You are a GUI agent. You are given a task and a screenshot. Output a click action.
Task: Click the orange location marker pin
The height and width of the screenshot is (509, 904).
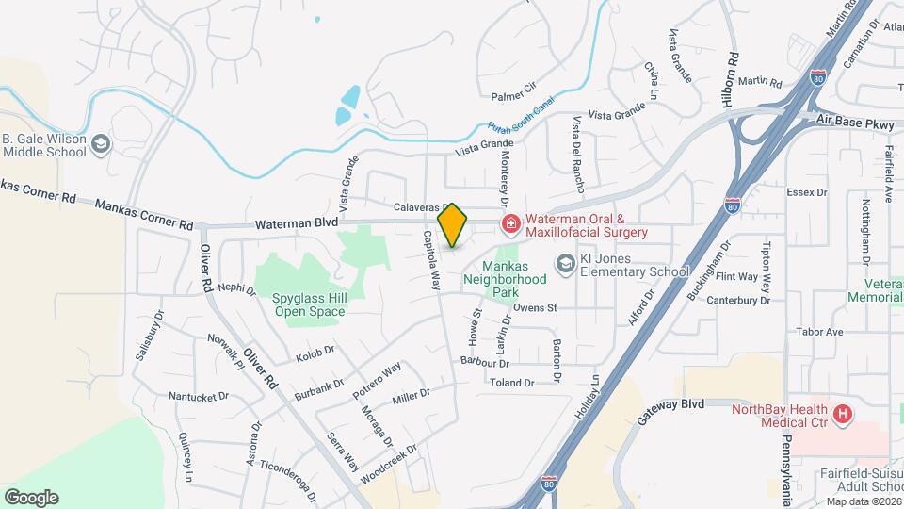pyautogui.click(x=453, y=225)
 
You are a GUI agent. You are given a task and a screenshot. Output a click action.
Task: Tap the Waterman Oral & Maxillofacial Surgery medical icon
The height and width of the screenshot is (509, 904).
pyautogui.click(x=510, y=223)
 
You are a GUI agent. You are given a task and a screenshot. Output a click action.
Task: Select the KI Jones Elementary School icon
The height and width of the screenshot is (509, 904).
pyautogui.click(x=566, y=264)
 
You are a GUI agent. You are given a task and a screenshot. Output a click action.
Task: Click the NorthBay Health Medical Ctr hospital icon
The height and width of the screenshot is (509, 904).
pyautogui.click(x=843, y=413)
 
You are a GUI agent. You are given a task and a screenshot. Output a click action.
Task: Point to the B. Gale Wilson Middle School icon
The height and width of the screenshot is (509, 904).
pyautogui.click(x=102, y=144)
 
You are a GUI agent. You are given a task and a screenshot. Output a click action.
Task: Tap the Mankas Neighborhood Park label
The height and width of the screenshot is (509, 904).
pyautogui.click(x=514, y=280)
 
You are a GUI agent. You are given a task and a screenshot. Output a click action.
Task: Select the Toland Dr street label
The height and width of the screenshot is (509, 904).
pyautogui.click(x=512, y=383)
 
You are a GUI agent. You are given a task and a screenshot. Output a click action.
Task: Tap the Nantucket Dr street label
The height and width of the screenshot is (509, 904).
pyautogui.click(x=198, y=396)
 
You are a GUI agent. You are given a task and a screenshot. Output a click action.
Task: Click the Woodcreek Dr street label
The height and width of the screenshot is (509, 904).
pyautogui.click(x=387, y=461)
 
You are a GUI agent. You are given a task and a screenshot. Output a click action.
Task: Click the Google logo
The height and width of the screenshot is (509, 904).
pyautogui.click(x=31, y=497)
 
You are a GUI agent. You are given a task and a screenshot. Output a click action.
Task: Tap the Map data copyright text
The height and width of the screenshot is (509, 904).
pyautogui.click(x=862, y=501)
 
